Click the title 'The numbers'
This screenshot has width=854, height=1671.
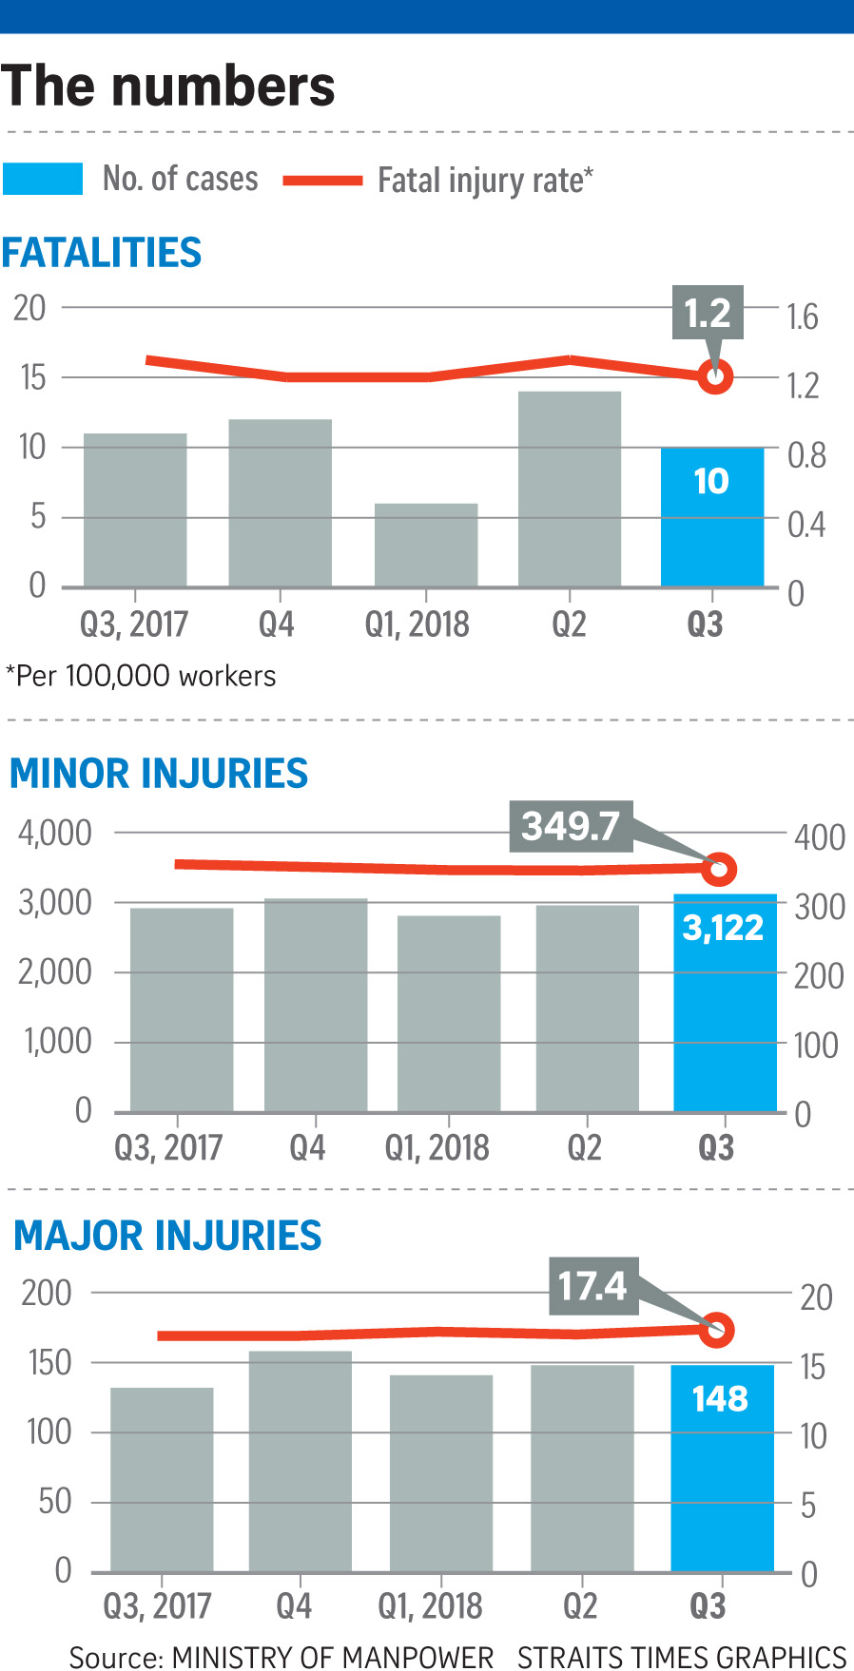pyautogui.click(x=168, y=86)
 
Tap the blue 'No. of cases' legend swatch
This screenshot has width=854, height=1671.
pyautogui.click(x=43, y=179)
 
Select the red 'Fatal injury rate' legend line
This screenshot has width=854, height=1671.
pyautogui.click(x=322, y=180)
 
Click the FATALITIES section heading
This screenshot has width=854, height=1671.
pyautogui.click(x=102, y=253)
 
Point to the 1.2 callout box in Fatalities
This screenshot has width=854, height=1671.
pyautogui.click(x=708, y=312)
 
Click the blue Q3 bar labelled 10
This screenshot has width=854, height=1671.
pyautogui.click(x=712, y=518)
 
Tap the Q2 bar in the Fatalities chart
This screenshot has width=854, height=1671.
pyautogui.click(x=570, y=489)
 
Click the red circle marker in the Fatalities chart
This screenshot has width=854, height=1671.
pyautogui.click(x=715, y=376)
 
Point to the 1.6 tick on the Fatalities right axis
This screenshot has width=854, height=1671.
pyautogui.click(x=803, y=317)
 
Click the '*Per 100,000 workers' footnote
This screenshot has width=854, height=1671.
pyautogui.click(x=141, y=676)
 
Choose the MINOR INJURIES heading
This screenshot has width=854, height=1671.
pyautogui.click(x=159, y=774)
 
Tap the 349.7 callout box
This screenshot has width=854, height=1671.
pyautogui.click(x=571, y=825)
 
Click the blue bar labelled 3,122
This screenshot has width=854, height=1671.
pyautogui.click(x=725, y=1008)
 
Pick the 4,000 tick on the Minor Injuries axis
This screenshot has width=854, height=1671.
pyautogui.click(x=55, y=833)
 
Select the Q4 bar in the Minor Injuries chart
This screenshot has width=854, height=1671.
pyautogui.click(x=316, y=1005)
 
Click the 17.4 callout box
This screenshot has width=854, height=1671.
pyautogui.click(x=592, y=1286)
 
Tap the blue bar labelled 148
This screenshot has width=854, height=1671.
pyautogui.click(x=722, y=1469)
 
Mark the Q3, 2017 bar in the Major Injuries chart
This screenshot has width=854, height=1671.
pyautogui.click(x=162, y=1479)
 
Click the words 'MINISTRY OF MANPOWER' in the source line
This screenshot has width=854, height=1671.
pyautogui.click(x=333, y=1657)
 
